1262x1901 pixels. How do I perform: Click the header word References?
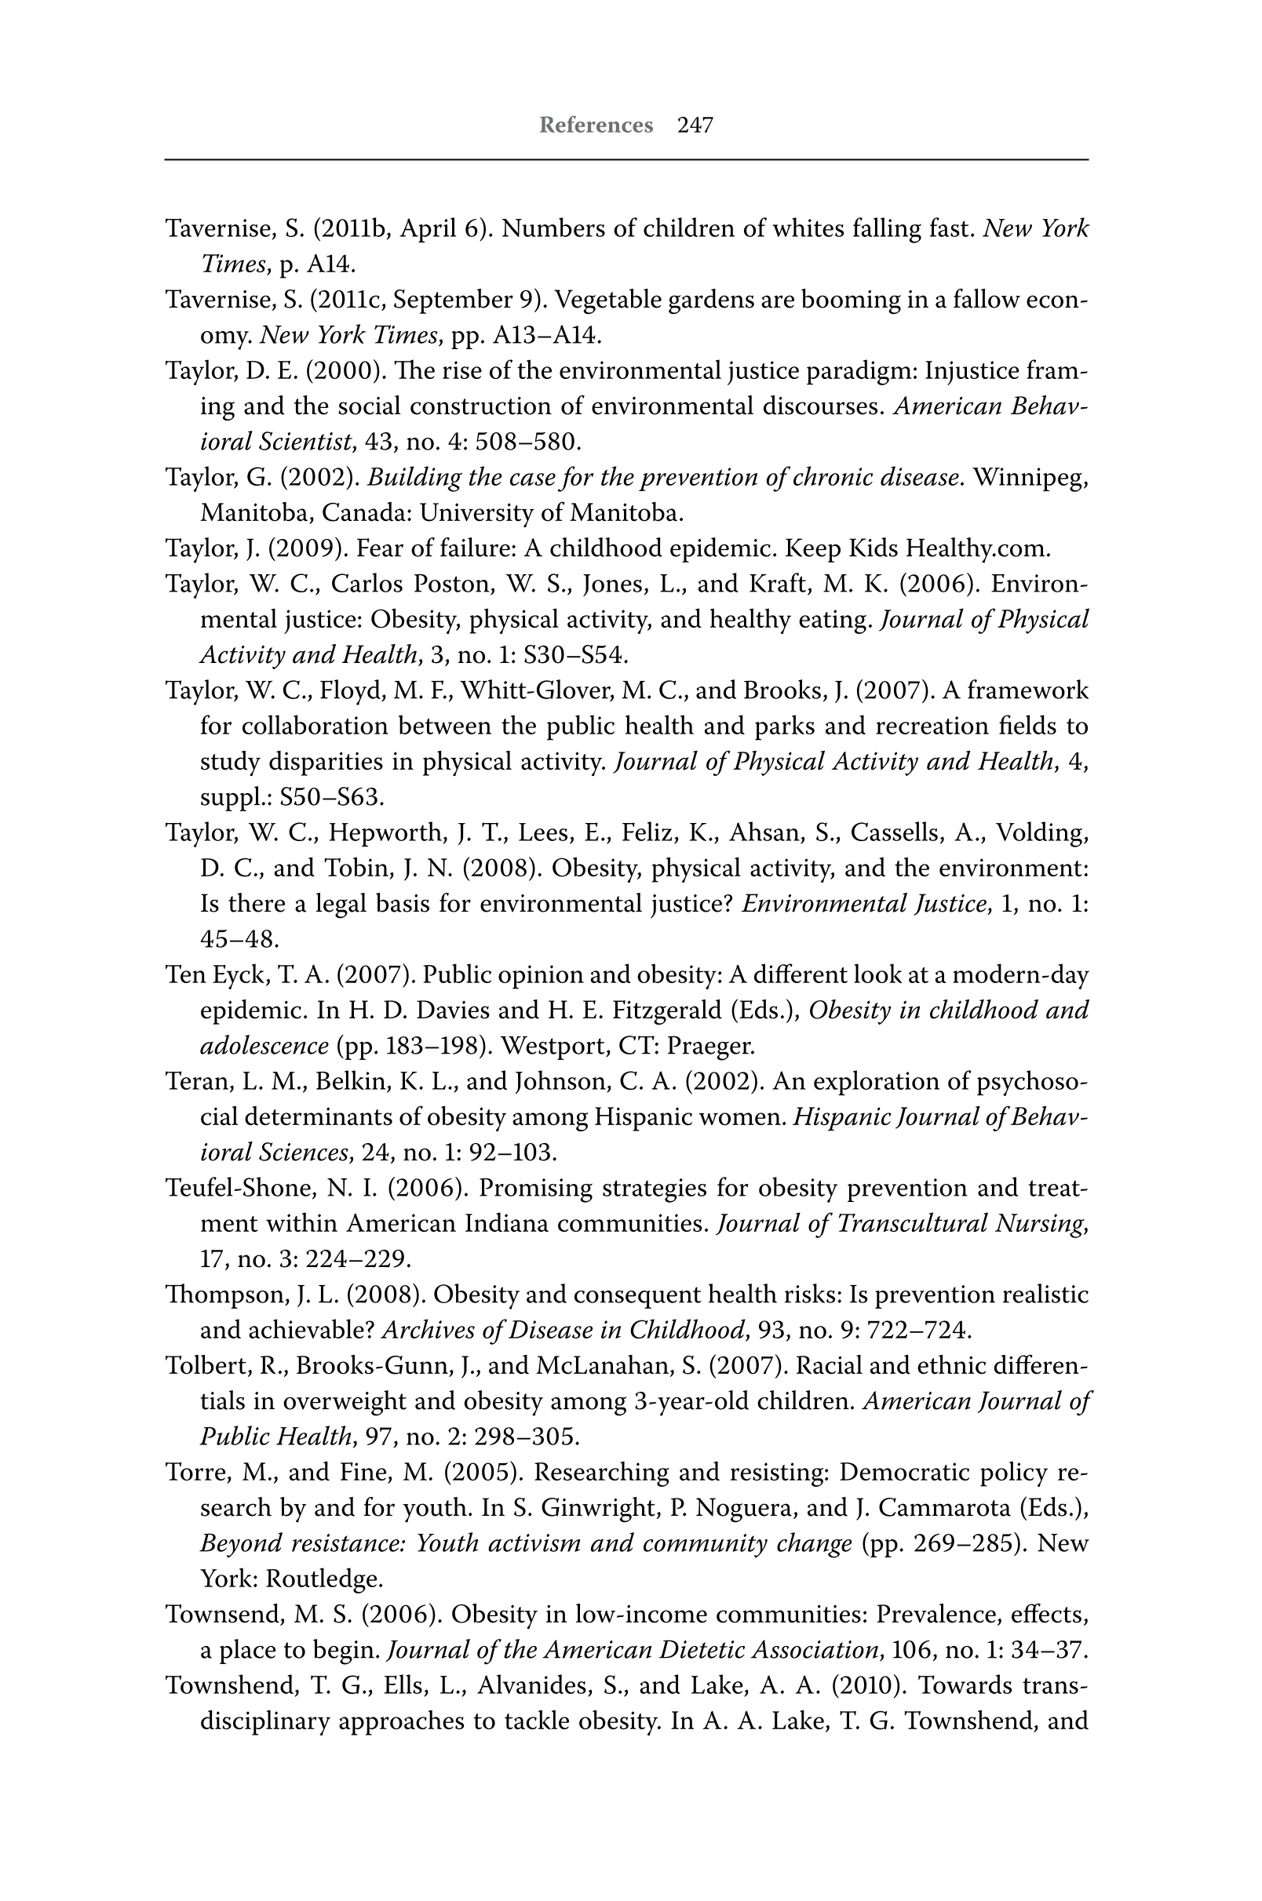pyautogui.click(x=596, y=126)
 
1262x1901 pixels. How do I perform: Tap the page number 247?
pyautogui.click(x=695, y=126)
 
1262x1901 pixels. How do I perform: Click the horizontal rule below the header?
pyautogui.click(x=626, y=160)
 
